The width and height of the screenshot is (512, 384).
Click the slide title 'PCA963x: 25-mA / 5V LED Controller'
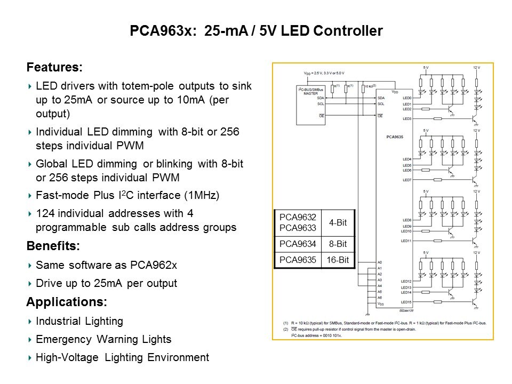[256, 31]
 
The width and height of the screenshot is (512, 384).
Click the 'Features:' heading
[54, 68]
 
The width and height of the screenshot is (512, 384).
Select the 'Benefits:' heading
[53, 246]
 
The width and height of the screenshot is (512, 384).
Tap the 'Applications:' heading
[67, 302]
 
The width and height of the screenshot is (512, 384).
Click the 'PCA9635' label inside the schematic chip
[394, 137]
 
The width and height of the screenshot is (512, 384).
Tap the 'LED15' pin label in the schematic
[407, 302]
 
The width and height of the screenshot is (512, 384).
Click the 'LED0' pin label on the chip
[407, 98]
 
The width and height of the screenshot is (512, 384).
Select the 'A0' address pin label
[380, 262]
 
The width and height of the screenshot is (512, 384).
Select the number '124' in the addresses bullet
[44, 213]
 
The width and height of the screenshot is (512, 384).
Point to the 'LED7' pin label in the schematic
[407, 180]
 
